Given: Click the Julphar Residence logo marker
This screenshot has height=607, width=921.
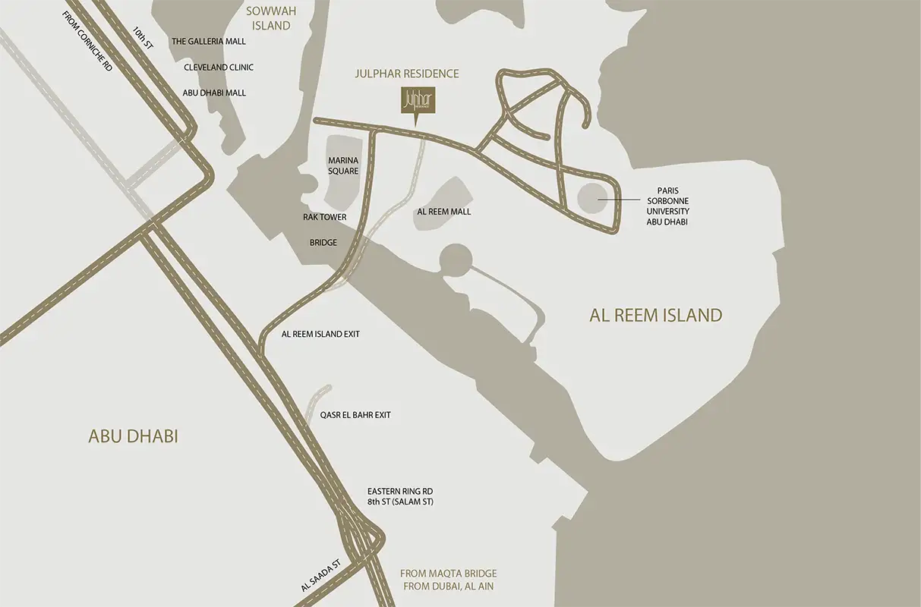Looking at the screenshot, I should [415, 102].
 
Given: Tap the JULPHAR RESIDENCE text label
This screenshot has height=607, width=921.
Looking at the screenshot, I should [407, 74].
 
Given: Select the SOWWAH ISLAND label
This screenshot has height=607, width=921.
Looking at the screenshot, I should [268, 19].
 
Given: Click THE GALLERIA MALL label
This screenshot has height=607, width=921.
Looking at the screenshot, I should [209, 42].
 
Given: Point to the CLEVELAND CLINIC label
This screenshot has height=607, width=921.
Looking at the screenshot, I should [219, 68].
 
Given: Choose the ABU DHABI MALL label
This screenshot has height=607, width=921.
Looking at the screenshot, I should [214, 93].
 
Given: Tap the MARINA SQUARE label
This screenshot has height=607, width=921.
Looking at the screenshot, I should [342, 165].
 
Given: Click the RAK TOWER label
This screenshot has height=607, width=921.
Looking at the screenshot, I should [324, 217].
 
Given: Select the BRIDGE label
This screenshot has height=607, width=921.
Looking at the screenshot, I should [323, 243].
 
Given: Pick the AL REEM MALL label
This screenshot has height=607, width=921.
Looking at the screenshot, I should [444, 211].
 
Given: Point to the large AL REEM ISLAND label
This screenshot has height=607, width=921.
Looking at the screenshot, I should [655, 315].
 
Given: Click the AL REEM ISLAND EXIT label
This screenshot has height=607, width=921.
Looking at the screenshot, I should [320, 334].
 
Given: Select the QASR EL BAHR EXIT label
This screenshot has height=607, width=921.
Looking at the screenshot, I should [355, 415].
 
